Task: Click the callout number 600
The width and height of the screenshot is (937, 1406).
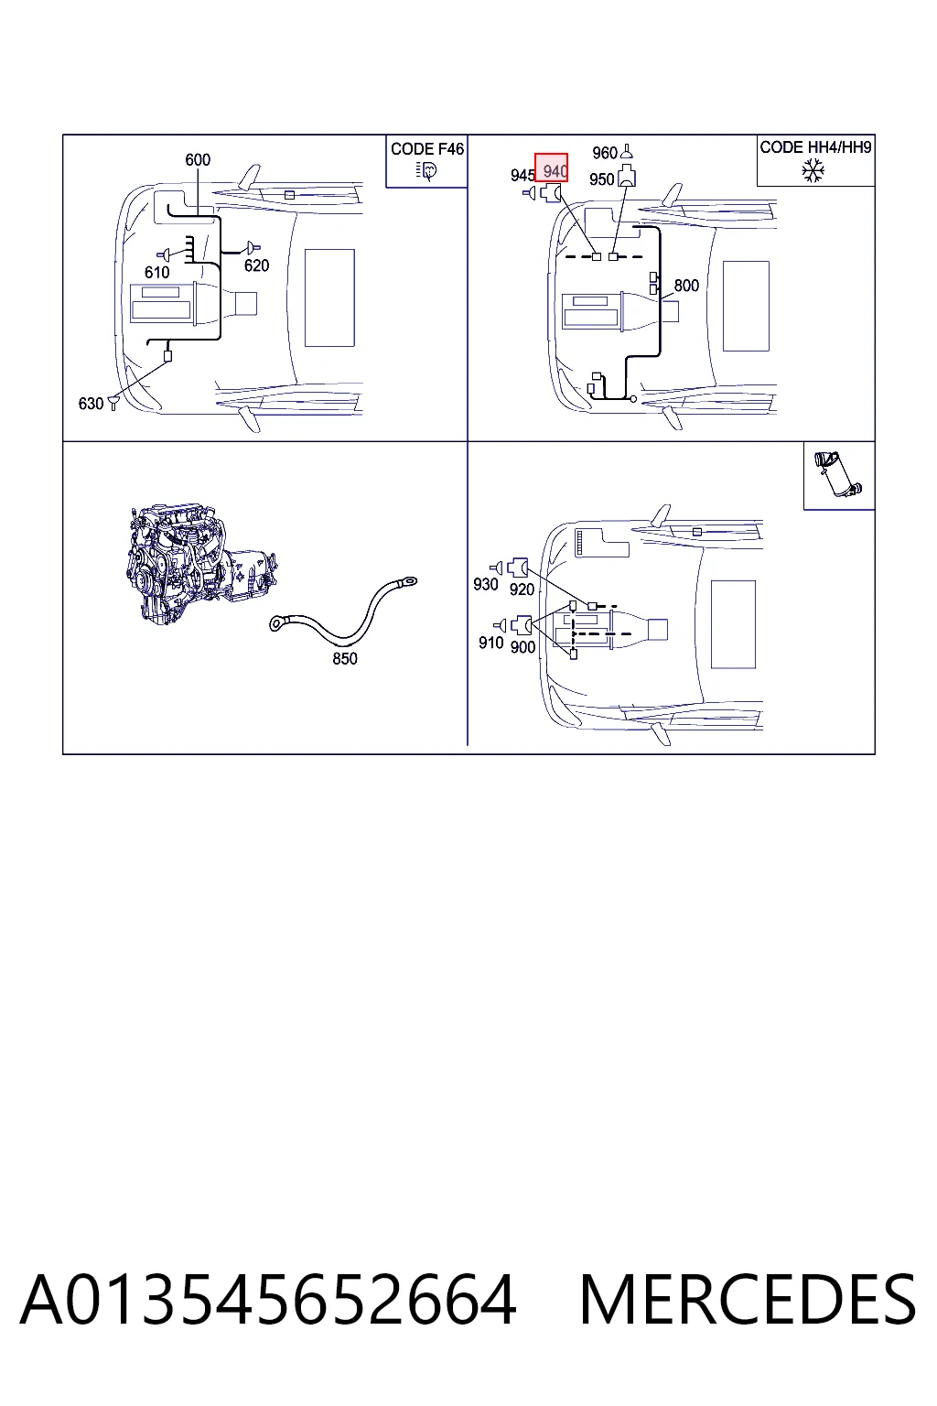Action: [197, 160]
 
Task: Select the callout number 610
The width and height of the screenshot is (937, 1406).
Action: [156, 273]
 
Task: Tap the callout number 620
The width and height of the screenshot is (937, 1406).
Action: [256, 265]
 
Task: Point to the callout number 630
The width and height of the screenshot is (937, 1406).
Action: [91, 404]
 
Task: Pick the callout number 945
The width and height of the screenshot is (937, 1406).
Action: [522, 176]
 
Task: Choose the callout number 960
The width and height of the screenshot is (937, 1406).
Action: [605, 153]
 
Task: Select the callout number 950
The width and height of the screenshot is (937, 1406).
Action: [601, 179]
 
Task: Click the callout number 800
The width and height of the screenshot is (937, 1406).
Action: [686, 286]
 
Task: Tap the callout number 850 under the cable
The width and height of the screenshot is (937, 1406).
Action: [345, 658]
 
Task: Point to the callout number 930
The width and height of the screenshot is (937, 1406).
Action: [485, 584]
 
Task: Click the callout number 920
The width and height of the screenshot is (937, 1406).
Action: [522, 589]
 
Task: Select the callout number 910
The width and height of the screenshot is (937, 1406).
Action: [490, 643]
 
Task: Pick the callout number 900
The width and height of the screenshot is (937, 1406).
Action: [522, 647]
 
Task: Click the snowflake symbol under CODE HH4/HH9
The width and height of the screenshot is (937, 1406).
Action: [813, 170]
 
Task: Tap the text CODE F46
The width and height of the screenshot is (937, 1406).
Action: [427, 149]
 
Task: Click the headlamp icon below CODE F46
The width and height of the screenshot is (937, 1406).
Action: [426, 171]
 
